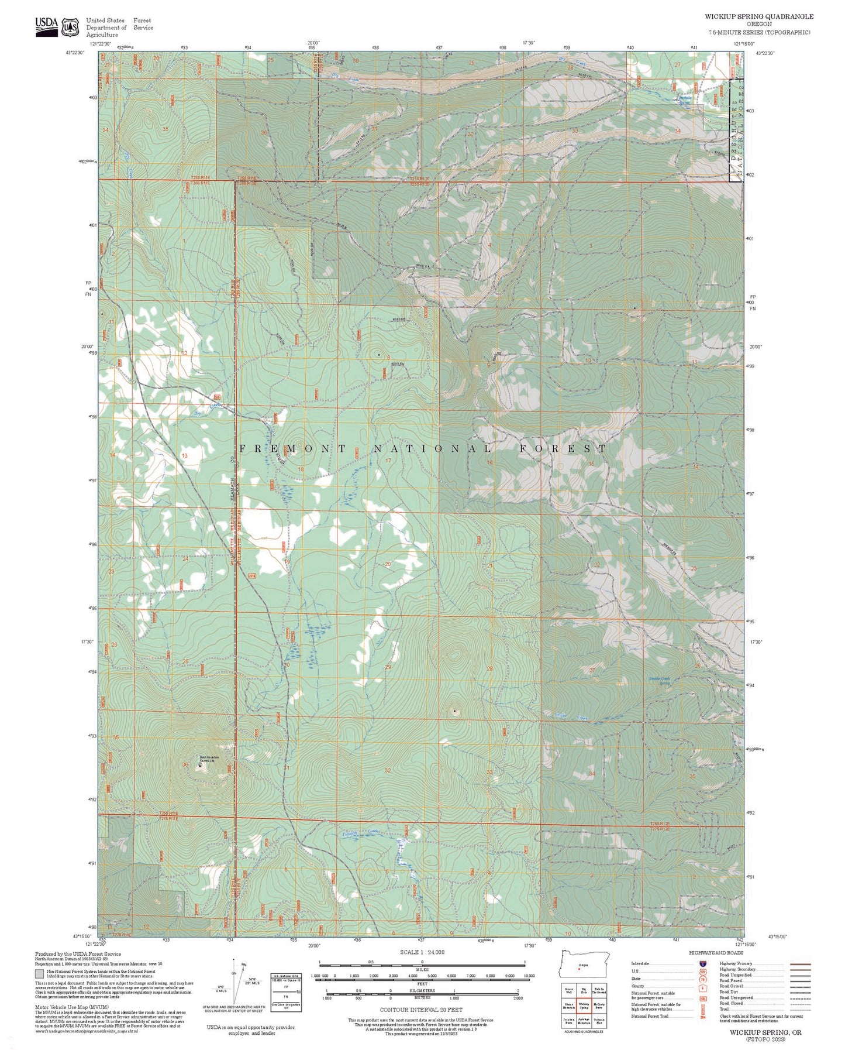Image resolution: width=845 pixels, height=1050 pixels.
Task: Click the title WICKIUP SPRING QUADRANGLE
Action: (758, 16)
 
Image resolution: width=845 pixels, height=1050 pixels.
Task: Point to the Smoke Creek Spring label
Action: (660, 681)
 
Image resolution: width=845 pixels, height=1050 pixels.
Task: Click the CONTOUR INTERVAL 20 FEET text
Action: (421, 1009)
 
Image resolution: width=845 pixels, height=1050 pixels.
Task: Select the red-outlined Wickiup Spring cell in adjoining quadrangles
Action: (583, 1006)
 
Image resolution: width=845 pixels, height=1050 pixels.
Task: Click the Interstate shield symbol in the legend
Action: (702, 963)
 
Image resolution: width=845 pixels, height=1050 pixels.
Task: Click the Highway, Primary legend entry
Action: (736, 963)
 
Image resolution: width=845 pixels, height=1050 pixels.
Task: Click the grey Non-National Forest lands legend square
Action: (39, 974)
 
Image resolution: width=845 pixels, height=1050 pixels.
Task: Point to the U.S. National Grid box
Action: (286, 991)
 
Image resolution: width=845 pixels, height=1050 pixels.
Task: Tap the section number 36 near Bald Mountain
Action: (185, 765)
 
